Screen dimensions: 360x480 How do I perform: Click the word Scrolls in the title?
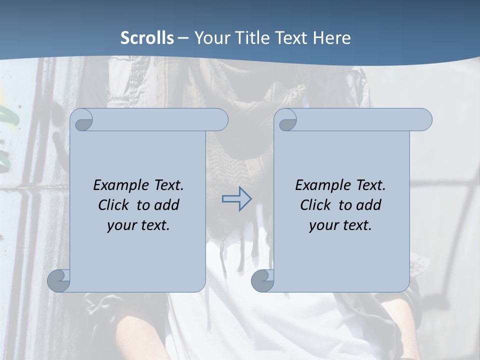(x=147, y=38)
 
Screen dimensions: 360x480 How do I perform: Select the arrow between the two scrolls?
(x=236, y=199)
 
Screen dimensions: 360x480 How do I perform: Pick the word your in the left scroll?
(x=121, y=225)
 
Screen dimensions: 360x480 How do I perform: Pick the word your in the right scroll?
(x=323, y=225)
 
